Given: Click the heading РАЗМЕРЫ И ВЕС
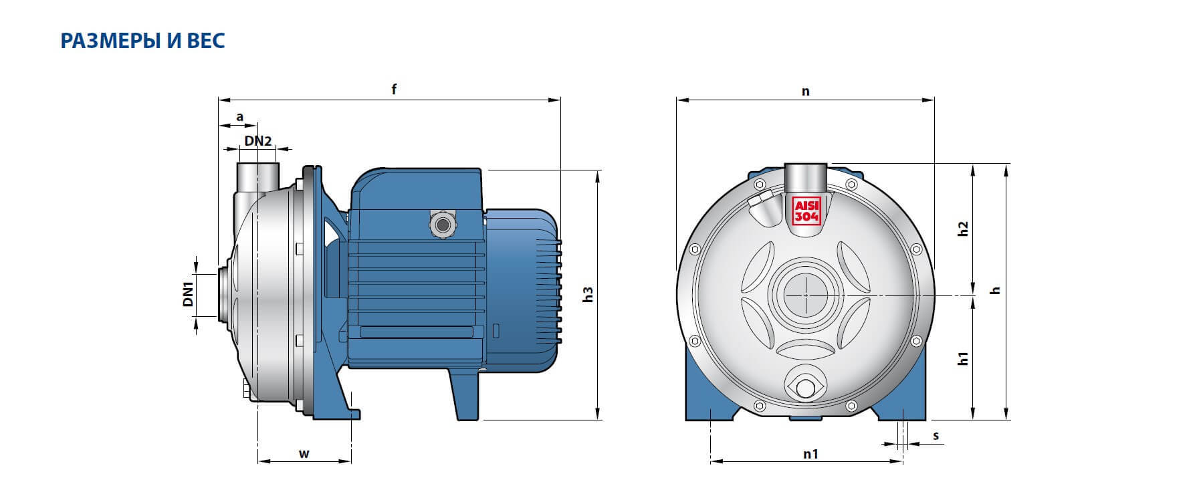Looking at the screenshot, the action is [x=142, y=41].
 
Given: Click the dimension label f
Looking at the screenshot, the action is [x=395, y=89].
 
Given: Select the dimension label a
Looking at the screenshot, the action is [x=240, y=118].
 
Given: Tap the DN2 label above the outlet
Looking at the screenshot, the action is [x=257, y=141].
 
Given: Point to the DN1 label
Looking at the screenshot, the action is [x=188, y=294].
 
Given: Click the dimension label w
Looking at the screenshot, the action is [x=304, y=455].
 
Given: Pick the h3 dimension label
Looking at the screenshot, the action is [x=588, y=295].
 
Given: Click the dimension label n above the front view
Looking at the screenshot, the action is [x=806, y=92].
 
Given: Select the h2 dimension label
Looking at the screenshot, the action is [x=963, y=228].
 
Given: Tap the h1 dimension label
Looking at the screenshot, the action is [x=963, y=358].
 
